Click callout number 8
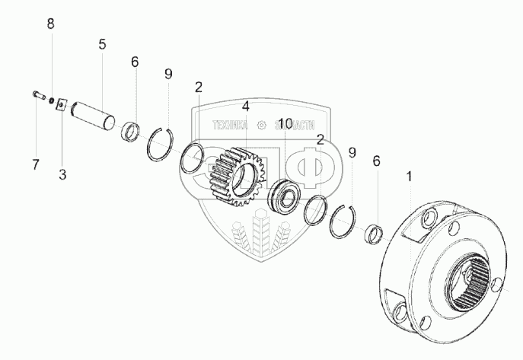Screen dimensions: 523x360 click(51, 24)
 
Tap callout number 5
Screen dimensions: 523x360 click(102, 44)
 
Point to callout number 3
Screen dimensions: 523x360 click(62, 174)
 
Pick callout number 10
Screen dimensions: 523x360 click(285, 123)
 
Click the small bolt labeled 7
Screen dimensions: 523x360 click(38, 95)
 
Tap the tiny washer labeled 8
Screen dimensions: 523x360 click(51, 100)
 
